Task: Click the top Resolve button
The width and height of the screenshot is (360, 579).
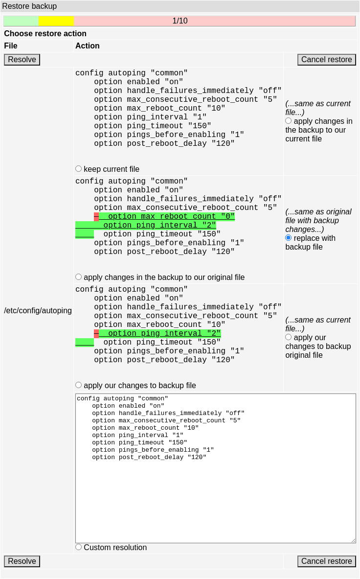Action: pos(22,59)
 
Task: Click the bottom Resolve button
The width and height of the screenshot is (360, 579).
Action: pos(22,561)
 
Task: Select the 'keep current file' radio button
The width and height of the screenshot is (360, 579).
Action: pos(79,169)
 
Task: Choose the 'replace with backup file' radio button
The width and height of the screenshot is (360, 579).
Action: pos(289,238)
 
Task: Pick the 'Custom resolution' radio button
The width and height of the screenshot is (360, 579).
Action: pos(79,547)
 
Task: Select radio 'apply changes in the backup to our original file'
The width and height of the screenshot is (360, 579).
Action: pos(79,277)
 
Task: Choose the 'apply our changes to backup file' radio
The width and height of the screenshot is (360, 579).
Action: pos(79,385)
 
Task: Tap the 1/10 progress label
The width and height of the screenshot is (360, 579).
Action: pos(180,21)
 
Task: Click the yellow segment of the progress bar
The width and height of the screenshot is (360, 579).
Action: pos(56,21)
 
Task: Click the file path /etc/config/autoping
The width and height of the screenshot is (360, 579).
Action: pos(38,311)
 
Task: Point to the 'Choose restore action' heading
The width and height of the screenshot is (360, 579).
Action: pos(45,34)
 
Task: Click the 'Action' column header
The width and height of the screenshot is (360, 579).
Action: pos(88,46)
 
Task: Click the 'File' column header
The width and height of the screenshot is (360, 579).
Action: pos(11,46)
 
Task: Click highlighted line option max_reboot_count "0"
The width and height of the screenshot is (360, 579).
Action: pos(167,216)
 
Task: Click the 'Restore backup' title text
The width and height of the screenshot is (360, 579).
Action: pos(29,6)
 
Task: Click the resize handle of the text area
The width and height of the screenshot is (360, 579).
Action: pos(353,541)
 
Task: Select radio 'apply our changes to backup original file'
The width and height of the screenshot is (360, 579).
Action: pos(289,337)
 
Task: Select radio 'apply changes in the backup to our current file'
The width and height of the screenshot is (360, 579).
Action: pos(289,121)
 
